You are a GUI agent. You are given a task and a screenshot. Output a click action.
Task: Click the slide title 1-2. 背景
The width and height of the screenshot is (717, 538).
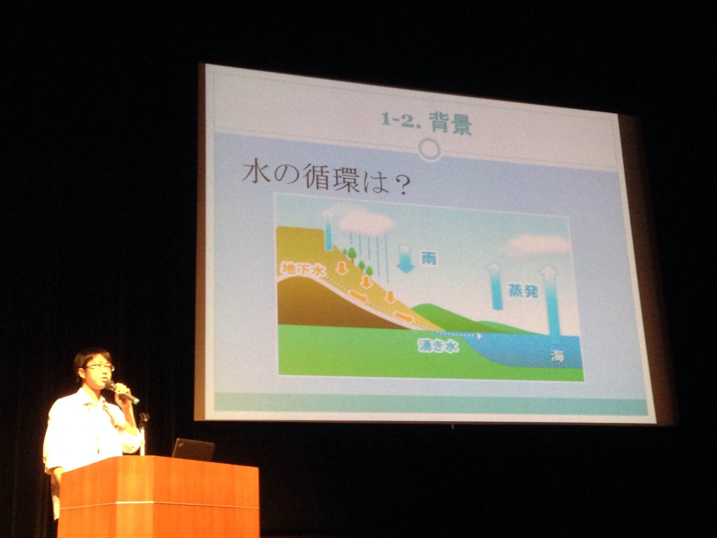tap(426, 123)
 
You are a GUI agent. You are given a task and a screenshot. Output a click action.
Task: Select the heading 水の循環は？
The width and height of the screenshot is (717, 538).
tap(326, 178)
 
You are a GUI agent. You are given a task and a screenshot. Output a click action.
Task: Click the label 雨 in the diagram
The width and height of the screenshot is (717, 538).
tap(429, 259)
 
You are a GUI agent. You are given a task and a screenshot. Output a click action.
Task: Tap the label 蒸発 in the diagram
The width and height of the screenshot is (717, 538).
tap(523, 290)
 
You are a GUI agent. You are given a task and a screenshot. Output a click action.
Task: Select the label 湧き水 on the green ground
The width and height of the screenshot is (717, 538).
tap(438, 346)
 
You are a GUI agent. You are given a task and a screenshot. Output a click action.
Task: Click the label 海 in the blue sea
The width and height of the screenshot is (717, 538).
tap(557, 356)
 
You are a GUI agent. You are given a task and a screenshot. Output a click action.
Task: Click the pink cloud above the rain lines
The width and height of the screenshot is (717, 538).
tap(366, 221)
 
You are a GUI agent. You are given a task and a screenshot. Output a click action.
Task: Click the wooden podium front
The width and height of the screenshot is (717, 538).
tap(159, 497)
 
